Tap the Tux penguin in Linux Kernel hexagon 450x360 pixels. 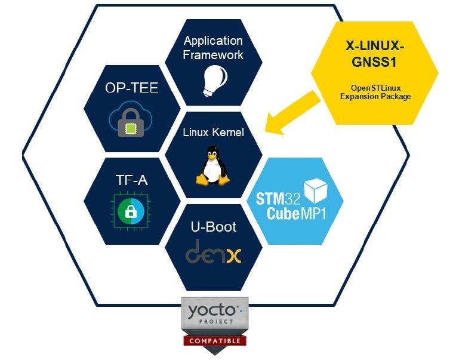click(212, 165)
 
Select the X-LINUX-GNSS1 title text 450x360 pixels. click(375, 52)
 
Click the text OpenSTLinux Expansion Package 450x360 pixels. click(375, 92)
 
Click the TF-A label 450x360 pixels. click(131, 180)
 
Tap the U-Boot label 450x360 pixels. click(213, 227)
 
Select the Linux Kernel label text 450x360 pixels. click(213, 132)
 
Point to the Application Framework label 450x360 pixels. click(213, 48)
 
